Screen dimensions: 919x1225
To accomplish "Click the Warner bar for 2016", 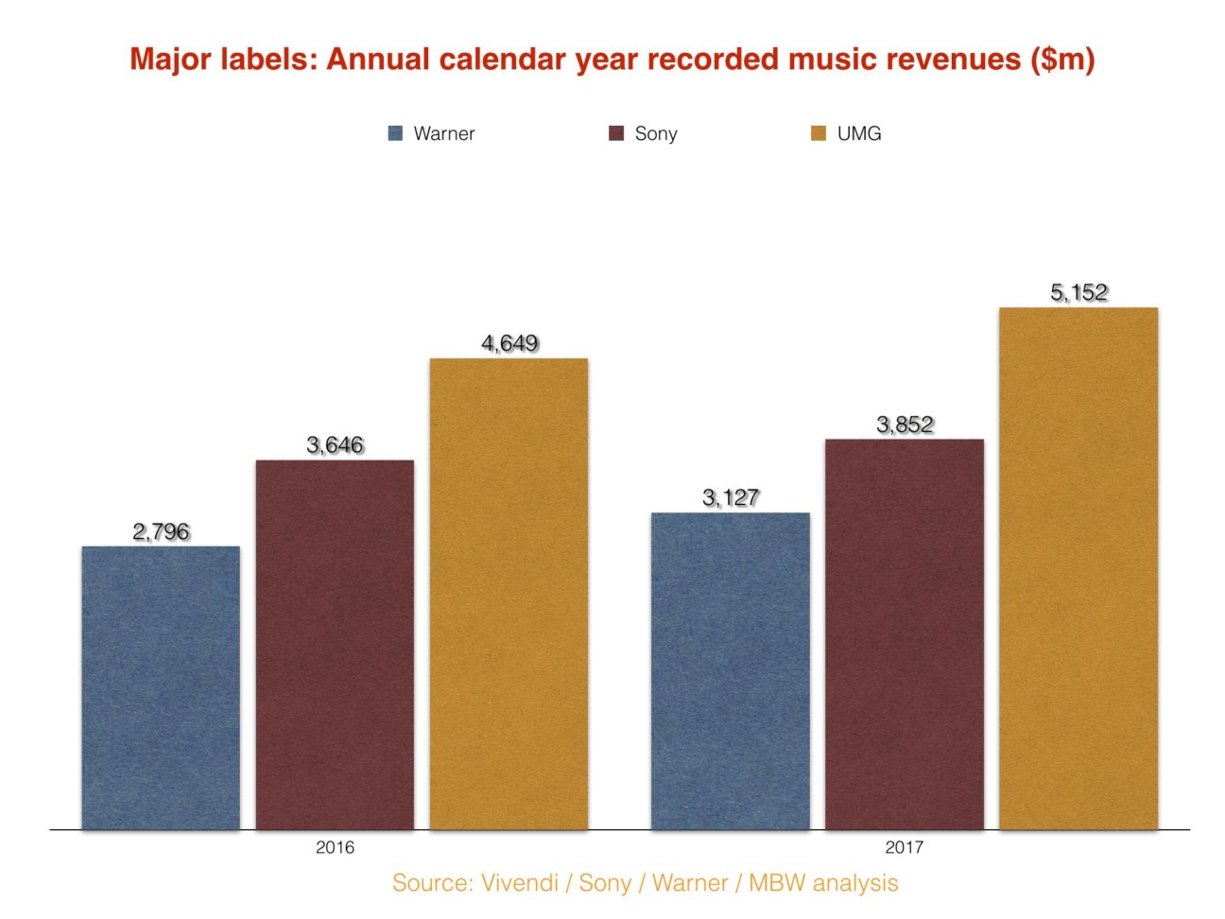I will (x=161, y=688).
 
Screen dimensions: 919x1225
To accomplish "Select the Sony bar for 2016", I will (x=335, y=645).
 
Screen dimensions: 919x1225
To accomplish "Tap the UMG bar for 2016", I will (x=509, y=594).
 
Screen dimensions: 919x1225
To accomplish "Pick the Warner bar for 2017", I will (x=730, y=671).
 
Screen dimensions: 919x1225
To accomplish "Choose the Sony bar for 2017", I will (x=904, y=634).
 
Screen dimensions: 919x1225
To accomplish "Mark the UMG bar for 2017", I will (x=1078, y=568).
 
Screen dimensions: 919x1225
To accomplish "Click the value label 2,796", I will (x=161, y=532).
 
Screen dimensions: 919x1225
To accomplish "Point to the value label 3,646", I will (x=335, y=445).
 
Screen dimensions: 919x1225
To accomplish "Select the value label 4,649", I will (x=509, y=343).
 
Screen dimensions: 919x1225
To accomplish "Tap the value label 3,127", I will (x=730, y=498).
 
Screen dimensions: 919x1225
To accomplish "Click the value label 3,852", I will (x=905, y=425).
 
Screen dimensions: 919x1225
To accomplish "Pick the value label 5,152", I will (x=1078, y=293).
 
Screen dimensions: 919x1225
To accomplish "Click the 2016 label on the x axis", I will (x=335, y=847).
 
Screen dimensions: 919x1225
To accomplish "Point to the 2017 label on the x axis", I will (x=904, y=847).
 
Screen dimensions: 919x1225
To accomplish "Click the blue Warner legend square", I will (x=396, y=133).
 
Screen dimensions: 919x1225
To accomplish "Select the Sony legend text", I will (x=656, y=133).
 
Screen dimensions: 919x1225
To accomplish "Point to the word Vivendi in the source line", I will (x=520, y=883).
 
